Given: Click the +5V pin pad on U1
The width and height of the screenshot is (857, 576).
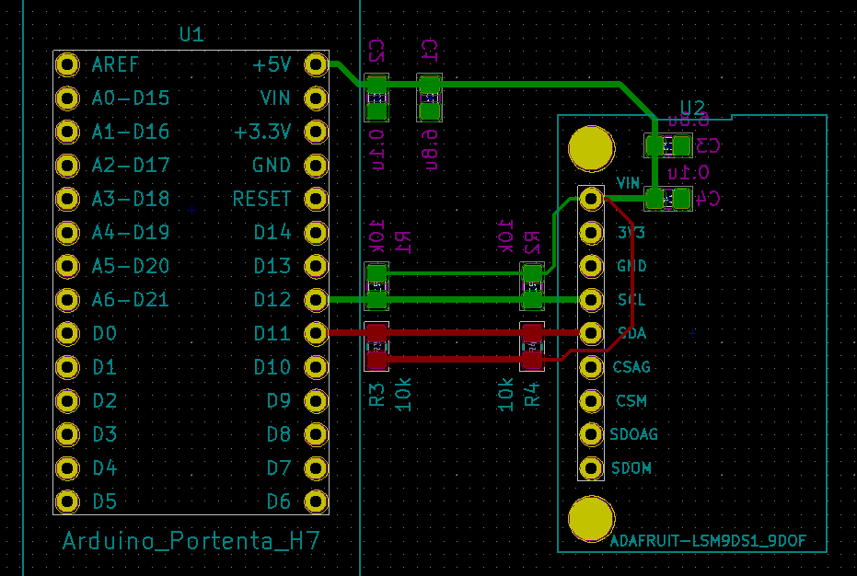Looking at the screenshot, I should pos(316,64).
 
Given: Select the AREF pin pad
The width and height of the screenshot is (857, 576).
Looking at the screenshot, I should pos(66,64).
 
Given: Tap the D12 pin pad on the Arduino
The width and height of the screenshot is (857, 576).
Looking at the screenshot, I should pos(316,299).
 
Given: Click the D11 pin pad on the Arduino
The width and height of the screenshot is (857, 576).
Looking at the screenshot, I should pos(316,333).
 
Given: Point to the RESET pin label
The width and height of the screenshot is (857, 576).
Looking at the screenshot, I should pos(261,199).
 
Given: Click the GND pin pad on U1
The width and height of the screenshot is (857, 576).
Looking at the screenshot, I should pos(316,166).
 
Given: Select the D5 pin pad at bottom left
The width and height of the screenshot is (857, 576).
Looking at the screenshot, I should pos(66,501).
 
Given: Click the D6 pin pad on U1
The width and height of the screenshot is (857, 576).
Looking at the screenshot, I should pos(316,501).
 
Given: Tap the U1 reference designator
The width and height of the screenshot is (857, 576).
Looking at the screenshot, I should pos(191,35).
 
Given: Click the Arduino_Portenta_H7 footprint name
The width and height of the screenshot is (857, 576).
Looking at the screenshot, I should pos(191,541).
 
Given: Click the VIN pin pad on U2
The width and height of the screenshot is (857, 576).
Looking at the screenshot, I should pos(591,198).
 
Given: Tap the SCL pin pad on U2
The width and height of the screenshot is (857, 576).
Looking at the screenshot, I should pos(591,299).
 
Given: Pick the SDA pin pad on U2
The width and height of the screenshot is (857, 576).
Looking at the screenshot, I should pos(591,333).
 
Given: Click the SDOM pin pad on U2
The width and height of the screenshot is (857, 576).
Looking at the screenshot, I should pos(591,468).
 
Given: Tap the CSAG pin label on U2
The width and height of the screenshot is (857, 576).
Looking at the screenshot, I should pos(631,367).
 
